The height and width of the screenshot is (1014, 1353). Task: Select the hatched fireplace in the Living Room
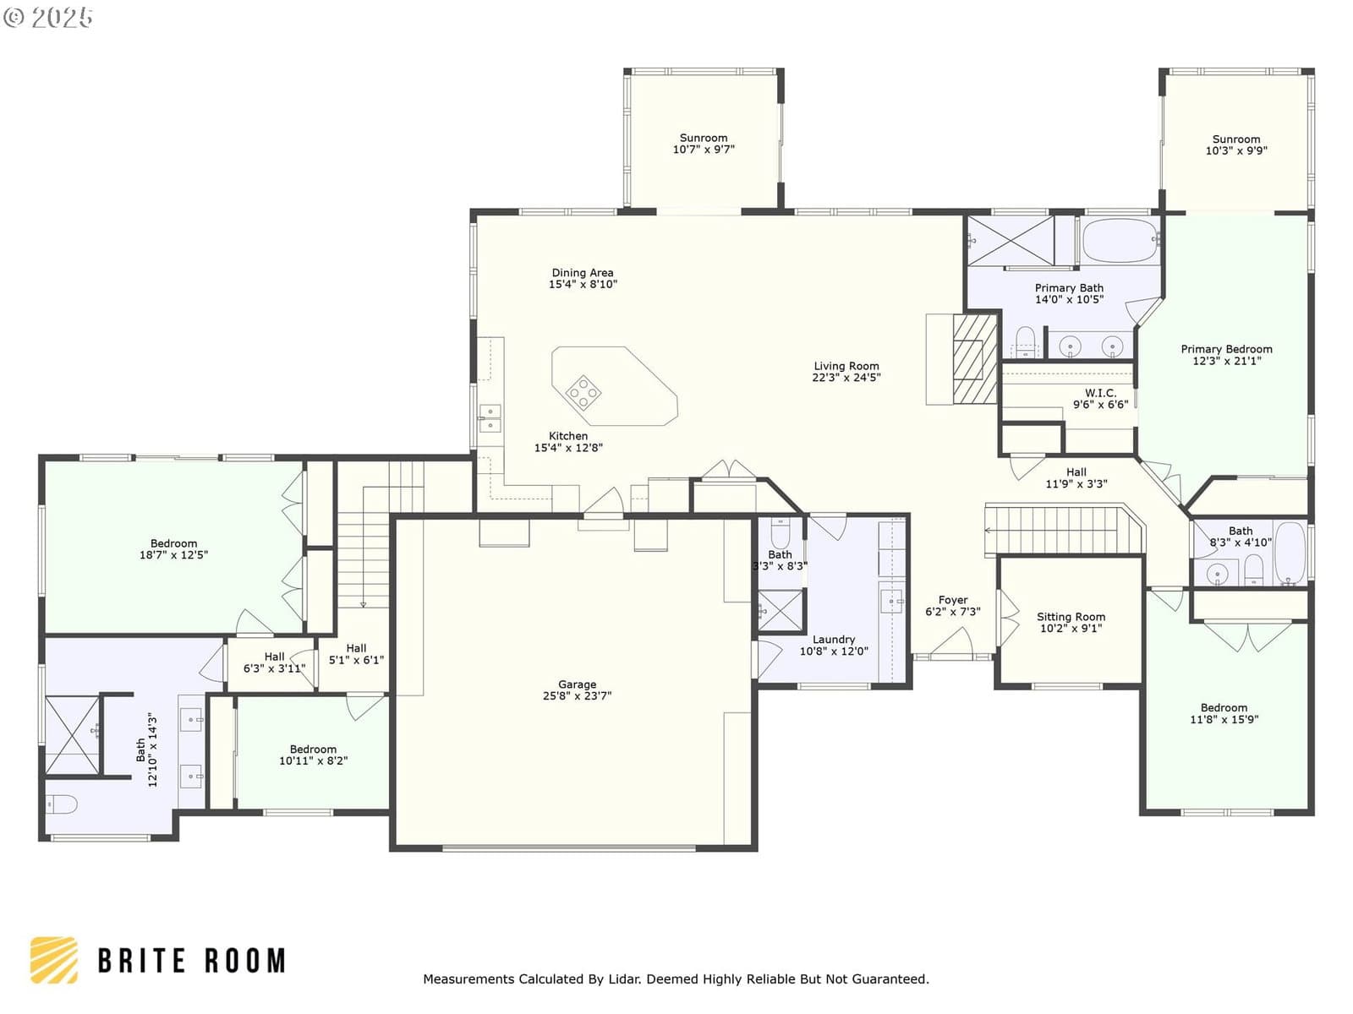(974, 359)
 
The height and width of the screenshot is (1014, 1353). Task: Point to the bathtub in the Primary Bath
(1120, 241)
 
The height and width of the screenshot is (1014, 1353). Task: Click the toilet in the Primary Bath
(1025, 341)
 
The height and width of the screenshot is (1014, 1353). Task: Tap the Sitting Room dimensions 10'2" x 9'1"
(1071, 628)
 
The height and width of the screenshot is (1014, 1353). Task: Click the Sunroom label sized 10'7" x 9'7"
(704, 144)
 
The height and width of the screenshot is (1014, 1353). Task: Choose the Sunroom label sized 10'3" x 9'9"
(1236, 144)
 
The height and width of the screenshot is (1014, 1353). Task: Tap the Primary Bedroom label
(1227, 355)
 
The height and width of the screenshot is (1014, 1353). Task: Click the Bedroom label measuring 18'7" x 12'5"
(174, 548)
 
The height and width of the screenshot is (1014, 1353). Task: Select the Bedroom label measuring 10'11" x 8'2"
(313, 755)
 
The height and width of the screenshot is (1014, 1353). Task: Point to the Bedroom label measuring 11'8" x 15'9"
(1224, 713)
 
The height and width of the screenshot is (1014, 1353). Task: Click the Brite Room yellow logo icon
(54, 961)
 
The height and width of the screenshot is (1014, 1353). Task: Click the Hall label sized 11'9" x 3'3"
(1076, 477)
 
